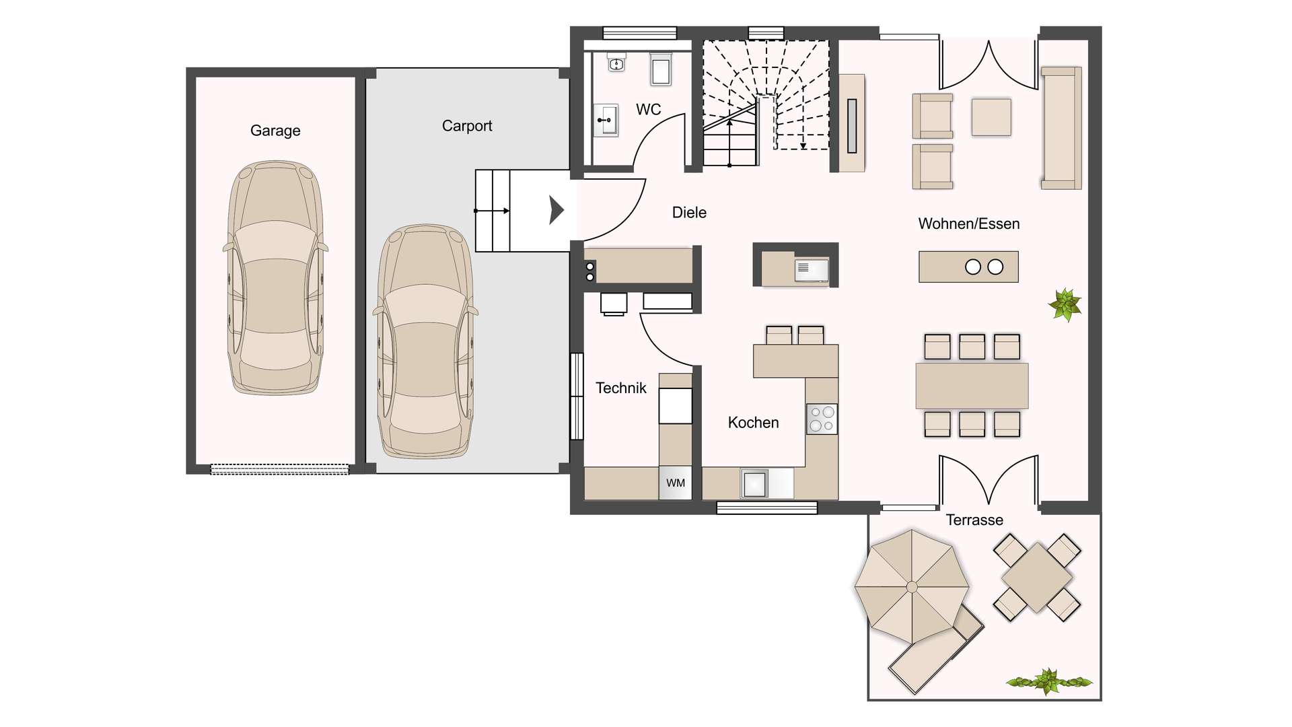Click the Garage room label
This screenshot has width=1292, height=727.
[x=275, y=131]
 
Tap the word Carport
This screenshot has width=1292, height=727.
[x=466, y=126]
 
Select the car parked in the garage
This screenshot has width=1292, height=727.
[x=275, y=277]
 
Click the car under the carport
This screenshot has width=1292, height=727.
[x=425, y=342]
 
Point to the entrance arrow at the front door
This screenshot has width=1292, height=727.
[x=556, y=210]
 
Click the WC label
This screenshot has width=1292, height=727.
[x=648, y=110]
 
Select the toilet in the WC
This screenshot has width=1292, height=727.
[x=660, y=69]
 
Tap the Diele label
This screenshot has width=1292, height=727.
[x=689, y=213]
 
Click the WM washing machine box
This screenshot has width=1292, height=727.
[x=675, y=483]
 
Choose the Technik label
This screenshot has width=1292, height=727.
[x=620, y=388]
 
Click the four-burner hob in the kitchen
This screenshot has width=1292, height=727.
[x=822, y=419]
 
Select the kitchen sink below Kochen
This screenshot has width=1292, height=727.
[x=755, y=483]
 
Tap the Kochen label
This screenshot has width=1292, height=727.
[x=753, y=423]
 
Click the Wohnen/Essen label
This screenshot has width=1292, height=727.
[x=968, y=224]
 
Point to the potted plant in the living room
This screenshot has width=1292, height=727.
[x=1065, y=304]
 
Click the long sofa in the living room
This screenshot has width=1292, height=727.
[x=1061, y=128]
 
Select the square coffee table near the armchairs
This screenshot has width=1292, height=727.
[x=991, y=117]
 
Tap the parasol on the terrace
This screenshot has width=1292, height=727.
[x=911, y=586]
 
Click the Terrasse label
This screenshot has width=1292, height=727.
[x=974, y=520]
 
